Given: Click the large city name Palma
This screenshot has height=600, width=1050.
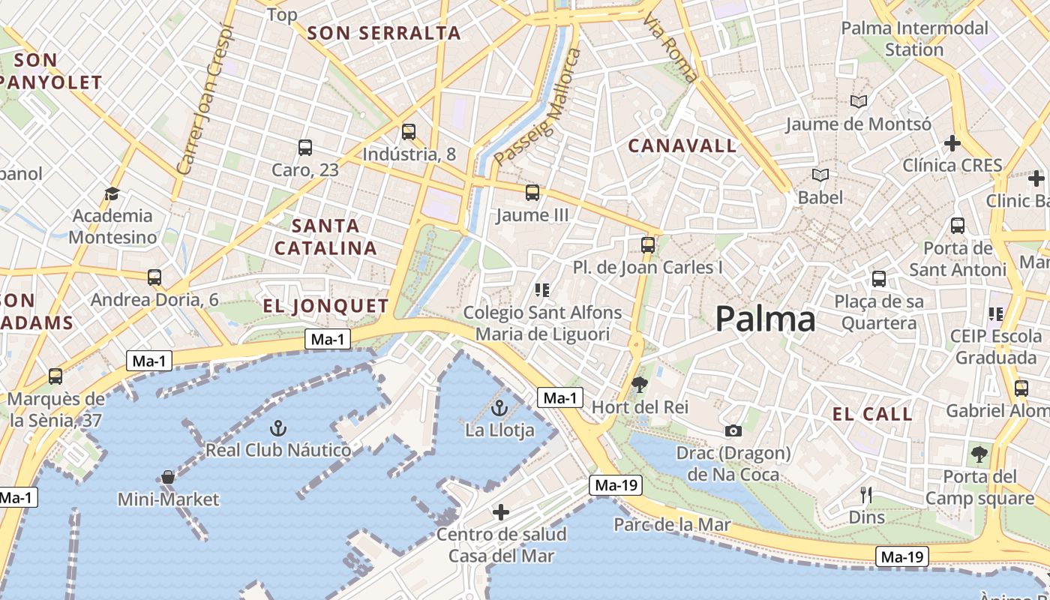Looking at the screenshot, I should click(x=765, y=319).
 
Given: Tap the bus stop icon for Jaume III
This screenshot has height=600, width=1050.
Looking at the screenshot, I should click(x=532, y=193).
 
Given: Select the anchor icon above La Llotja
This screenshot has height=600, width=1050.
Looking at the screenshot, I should click(x=499, y=409).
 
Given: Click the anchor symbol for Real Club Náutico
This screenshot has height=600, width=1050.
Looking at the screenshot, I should click(x=278, y=428).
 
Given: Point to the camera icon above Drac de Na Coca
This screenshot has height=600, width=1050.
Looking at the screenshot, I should click(x=733, y=430).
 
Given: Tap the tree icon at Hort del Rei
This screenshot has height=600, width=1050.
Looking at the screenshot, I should click(x=640, y=385).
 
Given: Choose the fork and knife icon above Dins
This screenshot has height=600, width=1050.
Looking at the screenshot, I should click(x=866, y=495).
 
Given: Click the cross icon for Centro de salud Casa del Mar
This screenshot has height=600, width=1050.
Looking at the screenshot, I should click(x=501, y=512).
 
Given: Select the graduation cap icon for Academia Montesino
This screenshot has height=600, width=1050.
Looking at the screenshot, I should click(x=112, y=193).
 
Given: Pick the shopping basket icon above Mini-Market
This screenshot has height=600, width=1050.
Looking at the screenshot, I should click(x=168, y=477).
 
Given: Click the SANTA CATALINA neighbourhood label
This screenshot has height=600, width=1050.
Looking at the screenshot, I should click(x=325, y=236).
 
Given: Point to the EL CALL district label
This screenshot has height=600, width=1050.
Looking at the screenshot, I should click(x=872, y=414).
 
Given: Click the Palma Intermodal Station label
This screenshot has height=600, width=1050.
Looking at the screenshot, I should click(x=914, y=39).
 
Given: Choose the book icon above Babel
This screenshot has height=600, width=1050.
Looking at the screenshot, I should click(x=820, y=175).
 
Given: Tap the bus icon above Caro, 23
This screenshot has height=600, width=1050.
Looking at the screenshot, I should click(x=304, y=148).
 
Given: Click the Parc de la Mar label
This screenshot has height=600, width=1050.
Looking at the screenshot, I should click(x=672, y=524).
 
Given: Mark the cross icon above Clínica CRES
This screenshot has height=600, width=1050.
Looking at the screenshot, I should click(x=952, y=142).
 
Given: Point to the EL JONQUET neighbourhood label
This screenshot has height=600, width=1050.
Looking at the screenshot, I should click(x=326, y=306).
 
